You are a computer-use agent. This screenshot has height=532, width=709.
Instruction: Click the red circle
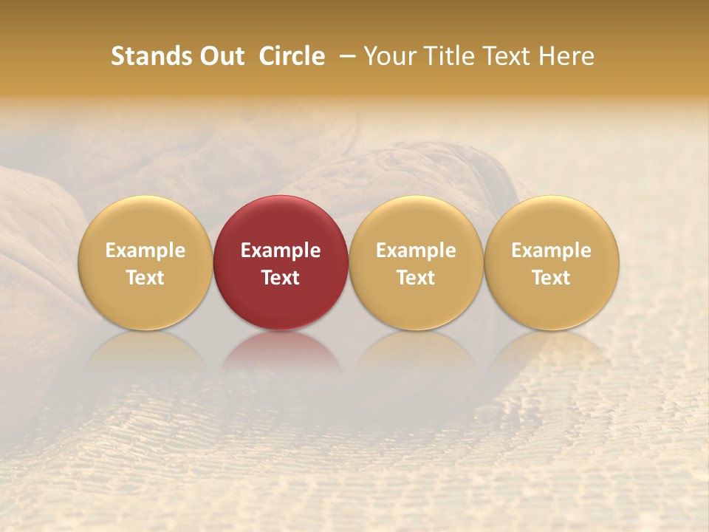281,222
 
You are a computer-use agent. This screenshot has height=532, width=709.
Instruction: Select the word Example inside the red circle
281,250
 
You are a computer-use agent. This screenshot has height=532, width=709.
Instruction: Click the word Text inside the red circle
281,278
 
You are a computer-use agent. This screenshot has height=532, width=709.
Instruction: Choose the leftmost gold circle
145,222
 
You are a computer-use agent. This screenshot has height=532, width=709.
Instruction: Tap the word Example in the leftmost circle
145,250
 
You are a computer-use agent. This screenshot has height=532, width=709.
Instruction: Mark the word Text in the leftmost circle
145,278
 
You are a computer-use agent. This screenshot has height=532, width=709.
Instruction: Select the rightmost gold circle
552,222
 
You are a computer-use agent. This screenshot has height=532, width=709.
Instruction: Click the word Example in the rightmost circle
552,250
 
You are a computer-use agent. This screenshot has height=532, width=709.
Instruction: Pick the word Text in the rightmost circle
552,278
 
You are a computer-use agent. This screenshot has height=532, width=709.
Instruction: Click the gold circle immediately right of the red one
416,222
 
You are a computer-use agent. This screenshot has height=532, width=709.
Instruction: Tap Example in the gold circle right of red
416,250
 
